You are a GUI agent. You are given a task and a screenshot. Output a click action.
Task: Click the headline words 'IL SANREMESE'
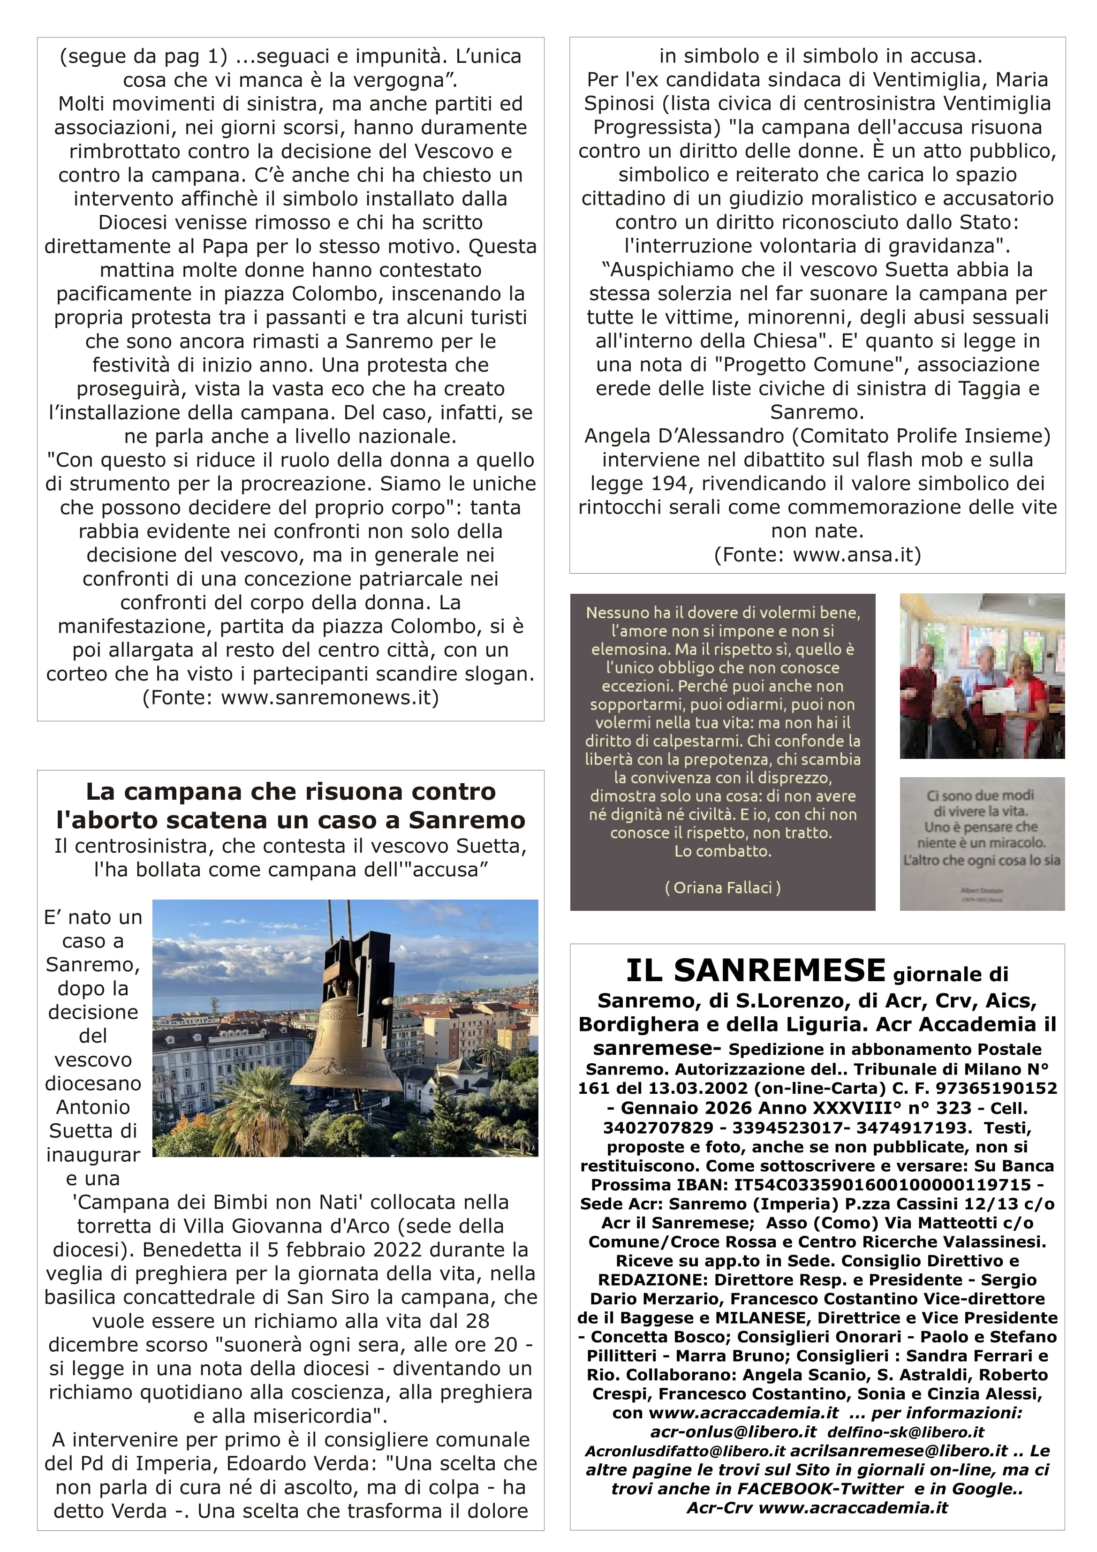[x=755, y=971]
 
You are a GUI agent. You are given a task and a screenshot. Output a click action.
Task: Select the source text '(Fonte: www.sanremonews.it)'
[x=291, y=697]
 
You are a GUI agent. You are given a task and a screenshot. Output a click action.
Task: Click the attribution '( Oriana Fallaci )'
[x=723, y=887]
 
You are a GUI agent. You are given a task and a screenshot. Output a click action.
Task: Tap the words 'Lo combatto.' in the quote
[x=723, y=851]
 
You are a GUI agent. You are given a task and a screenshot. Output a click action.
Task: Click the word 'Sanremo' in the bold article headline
[x=466, y=820]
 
